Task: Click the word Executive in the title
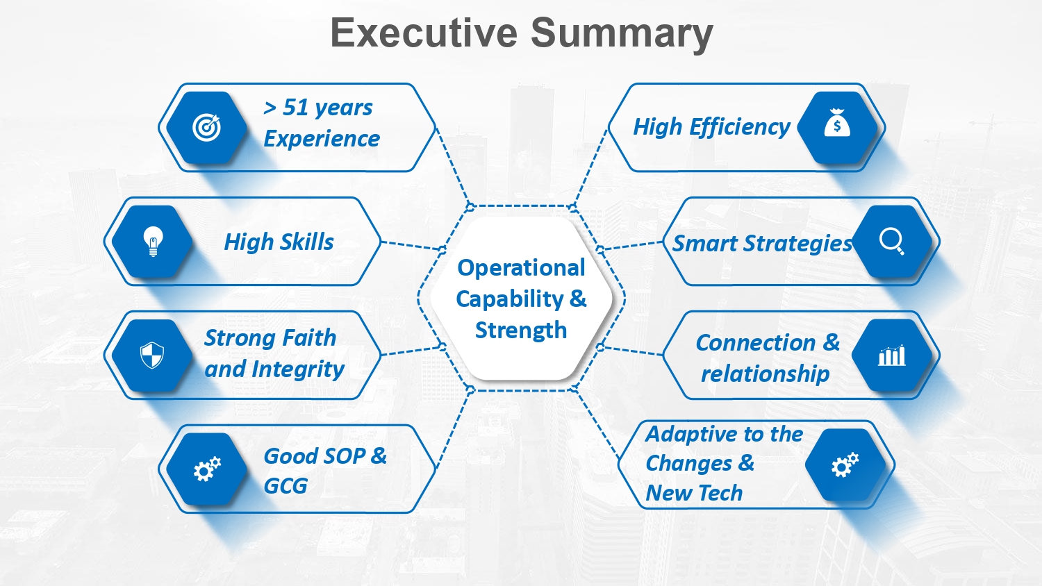(x=424, y=33)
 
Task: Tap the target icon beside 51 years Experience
(x=206, y=128)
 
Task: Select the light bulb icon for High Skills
(x=153, y=242)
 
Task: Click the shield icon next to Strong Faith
(x=152, y=355)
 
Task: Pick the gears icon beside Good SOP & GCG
(x=207, y=469)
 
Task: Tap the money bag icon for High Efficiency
(x=837, y=123)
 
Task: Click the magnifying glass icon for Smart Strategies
(x=892, y=242)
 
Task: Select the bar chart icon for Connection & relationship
(x=892, y=355)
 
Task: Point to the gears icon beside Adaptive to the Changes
(x=845, y=464)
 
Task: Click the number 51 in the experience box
(x=296, y=108)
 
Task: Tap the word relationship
(x=766, y=374)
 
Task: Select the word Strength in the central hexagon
(x=521, y=330)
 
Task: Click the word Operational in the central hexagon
(x=521, y=268)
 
